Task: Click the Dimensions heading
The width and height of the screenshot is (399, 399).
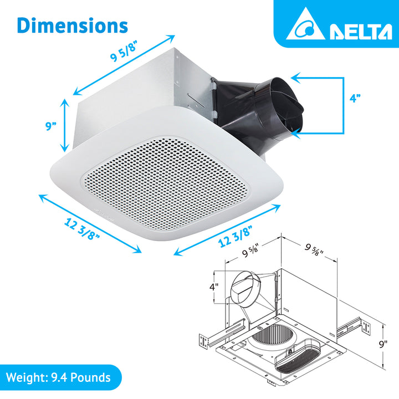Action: coord(73,25)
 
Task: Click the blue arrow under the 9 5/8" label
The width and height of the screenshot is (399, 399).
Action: coord(125,65)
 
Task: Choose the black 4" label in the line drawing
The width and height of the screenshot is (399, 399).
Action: coord(214,288)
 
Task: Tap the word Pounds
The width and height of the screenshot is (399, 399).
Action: coord(91,378)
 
